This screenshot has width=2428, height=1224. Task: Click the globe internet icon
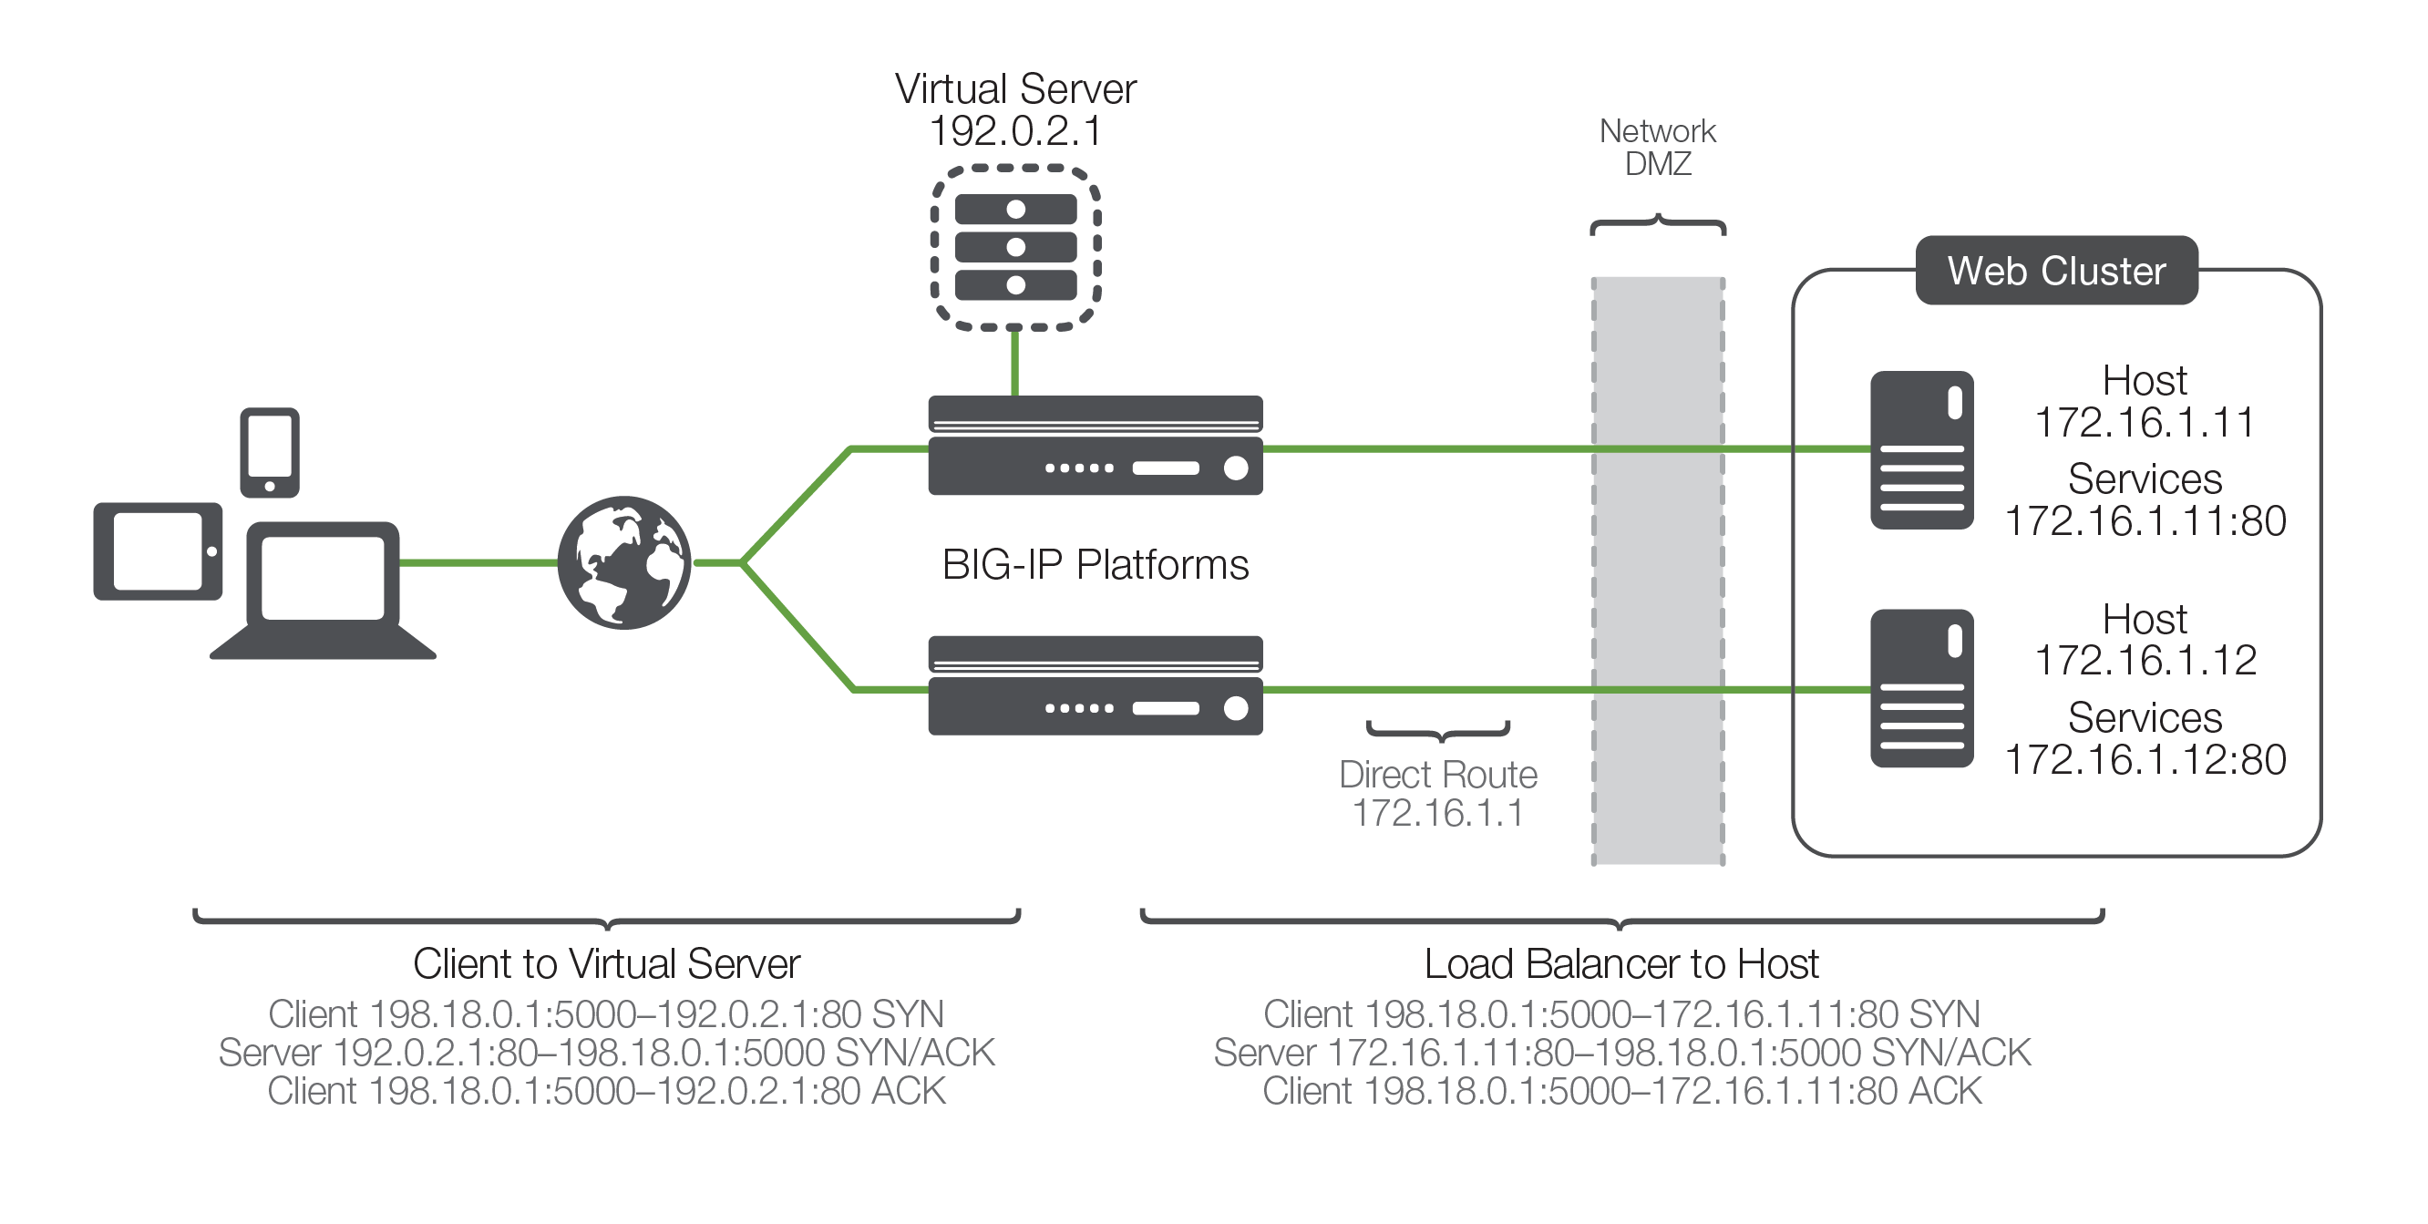click(624, 562)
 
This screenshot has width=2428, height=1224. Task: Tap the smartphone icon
click(270, 452)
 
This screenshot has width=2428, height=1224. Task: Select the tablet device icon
click(158, 551)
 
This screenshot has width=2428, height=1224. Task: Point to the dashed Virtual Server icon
click(1015, 248)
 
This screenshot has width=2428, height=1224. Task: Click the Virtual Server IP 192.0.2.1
click(1015, 131)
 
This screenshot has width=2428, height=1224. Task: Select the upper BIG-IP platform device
click(1095, 446)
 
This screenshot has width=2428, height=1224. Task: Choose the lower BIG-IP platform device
click(1095, 685)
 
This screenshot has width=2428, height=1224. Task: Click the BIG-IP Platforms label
click(1096, 564)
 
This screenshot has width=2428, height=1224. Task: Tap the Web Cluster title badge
click(2056, 271)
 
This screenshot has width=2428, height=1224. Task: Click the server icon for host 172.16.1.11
click(1921, 450)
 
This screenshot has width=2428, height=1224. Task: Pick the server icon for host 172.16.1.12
click(1921, 689)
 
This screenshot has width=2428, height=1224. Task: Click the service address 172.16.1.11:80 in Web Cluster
click(2145, 521)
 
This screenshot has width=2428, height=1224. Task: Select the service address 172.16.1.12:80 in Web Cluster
click(2145, 759)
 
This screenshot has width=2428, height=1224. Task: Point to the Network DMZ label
click(1657, 147)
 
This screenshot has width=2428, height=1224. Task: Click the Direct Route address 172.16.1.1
click(1437, 812)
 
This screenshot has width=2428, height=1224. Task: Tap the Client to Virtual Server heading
click(606, 964)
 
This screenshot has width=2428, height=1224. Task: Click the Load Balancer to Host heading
click(1621, 964)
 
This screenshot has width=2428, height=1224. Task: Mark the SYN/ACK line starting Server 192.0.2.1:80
click(606, 1053)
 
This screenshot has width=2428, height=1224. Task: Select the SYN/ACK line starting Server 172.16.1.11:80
click(1621, 1053)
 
